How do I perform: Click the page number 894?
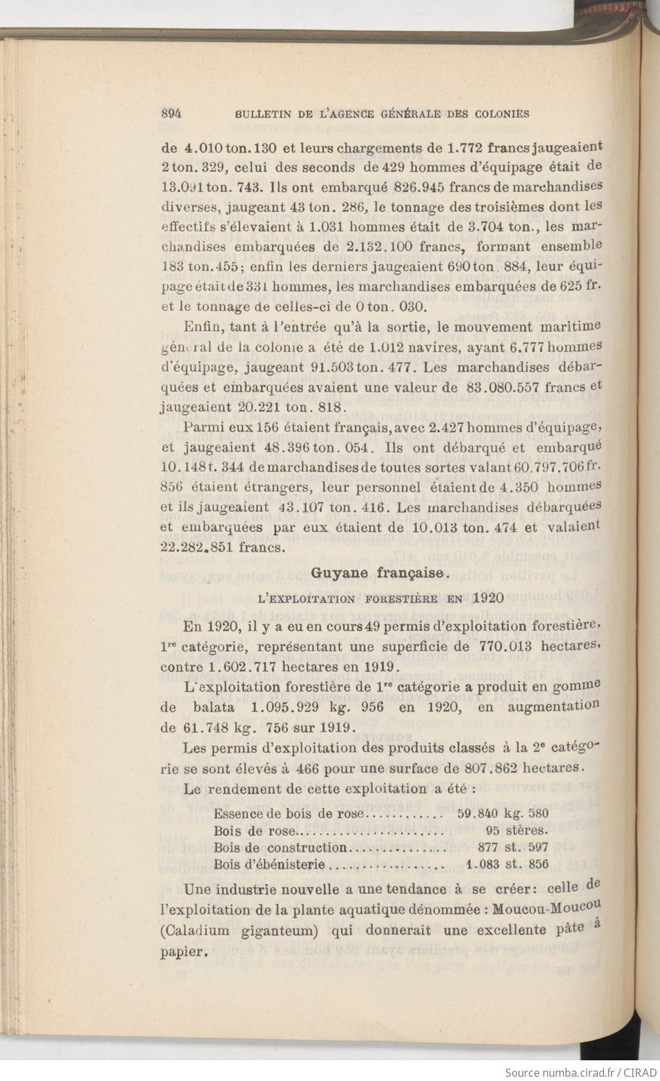point(171,114)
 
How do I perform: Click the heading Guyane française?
point(381,572)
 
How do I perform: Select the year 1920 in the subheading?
point(489,598)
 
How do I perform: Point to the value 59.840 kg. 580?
point(503,813)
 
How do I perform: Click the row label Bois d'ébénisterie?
point(269,864)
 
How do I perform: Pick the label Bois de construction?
point(280,847)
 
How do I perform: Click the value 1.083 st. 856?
point(507,864)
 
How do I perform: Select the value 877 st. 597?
point(513,847)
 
